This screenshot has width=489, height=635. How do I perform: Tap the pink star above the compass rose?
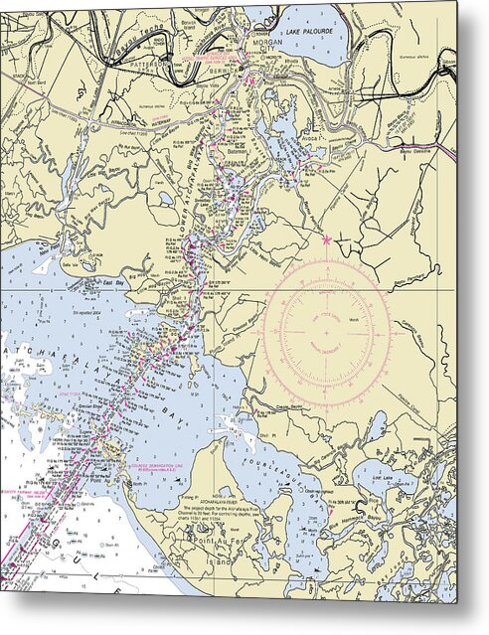(x=326, y=240)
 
